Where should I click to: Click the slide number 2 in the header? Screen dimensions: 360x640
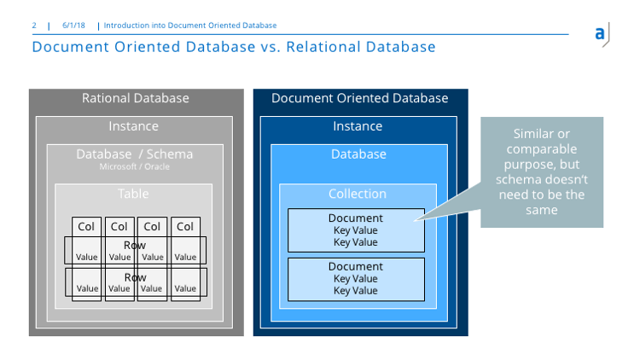[34, 26]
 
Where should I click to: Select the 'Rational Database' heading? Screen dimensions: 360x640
[135, 98]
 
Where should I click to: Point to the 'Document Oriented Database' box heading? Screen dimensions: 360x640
[359, 98]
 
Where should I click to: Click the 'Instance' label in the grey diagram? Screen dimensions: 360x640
[133, 126]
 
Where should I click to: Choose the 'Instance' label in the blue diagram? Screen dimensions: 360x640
[358, 126]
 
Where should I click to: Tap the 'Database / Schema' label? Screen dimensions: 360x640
[134, 154]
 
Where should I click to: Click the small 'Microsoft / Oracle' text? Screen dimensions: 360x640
[134, 166]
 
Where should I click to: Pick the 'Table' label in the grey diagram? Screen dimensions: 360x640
[133, 195]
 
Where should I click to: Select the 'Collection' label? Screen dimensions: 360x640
[358, 195]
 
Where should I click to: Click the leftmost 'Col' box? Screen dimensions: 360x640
[86, 226]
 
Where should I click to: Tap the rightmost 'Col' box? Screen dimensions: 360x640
[184, 226]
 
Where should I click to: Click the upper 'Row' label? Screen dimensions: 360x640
[135, 246]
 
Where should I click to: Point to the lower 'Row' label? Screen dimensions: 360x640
[135, 278]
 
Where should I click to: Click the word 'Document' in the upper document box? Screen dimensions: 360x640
[356, 218]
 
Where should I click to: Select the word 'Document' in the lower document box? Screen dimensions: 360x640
[356, 267]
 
